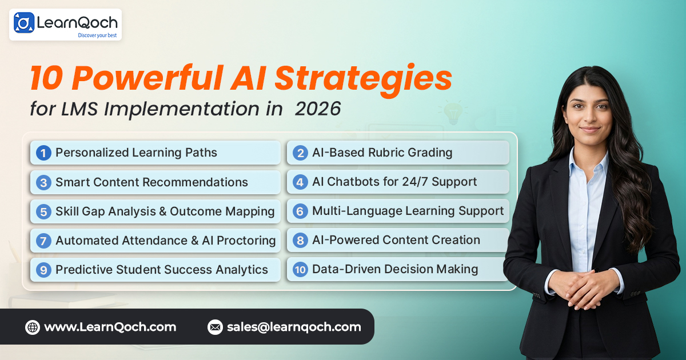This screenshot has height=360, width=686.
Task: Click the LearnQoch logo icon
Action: coord(24,23)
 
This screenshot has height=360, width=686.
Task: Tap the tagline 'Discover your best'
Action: coord(97,35)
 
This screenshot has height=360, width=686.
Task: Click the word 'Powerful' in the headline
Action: coord(147,78)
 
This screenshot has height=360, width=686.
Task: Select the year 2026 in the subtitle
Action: coord(318,109)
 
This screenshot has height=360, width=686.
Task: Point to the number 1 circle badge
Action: coord(43,153)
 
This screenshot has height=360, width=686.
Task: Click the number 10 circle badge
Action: coord(300,270)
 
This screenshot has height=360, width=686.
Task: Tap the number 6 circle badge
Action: coord(300,211)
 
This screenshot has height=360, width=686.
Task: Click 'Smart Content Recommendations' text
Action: coord(151,182)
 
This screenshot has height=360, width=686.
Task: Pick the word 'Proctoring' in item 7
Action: coord(246,241)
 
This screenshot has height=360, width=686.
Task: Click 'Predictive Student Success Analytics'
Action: coord(162,270)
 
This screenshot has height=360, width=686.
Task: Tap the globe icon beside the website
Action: coord(33,327)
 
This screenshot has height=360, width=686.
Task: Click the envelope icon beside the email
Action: coord(215,327)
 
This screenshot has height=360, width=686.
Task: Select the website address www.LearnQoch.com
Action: coord(110,327)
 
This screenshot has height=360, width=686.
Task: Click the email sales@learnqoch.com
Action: coord(294,327)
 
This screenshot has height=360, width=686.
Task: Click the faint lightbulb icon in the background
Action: coord(453,113)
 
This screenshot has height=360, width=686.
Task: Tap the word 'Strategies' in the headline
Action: coord(363,79)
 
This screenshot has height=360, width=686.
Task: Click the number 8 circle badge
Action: coord(300,241)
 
